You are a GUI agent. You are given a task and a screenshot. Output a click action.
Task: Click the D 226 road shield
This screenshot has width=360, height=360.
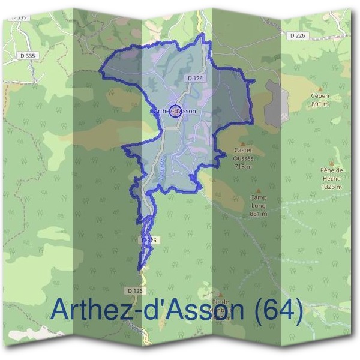click(297, 35)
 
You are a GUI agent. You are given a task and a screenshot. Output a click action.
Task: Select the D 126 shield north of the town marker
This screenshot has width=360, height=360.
click(194, 78)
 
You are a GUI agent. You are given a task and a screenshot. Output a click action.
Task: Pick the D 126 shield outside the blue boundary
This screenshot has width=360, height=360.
click(136, 291)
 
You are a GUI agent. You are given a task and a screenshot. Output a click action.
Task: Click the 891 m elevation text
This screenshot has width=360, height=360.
click(320, 104)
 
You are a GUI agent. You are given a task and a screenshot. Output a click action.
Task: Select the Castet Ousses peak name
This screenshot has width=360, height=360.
click(243, 155)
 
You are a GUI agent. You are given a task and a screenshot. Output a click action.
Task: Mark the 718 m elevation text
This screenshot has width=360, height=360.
click(243, 166)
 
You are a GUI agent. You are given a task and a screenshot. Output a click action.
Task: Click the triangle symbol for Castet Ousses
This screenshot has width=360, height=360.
click(243, 144)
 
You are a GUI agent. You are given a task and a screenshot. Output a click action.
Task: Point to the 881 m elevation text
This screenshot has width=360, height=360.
click(259, 214)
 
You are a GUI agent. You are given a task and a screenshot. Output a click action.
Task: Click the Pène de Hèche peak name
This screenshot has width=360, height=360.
click(331, 175)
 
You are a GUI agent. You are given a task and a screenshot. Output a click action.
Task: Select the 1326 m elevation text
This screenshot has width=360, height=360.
click(331, 187)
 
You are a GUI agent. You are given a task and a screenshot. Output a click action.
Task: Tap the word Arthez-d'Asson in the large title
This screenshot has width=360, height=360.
click(147, 310)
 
